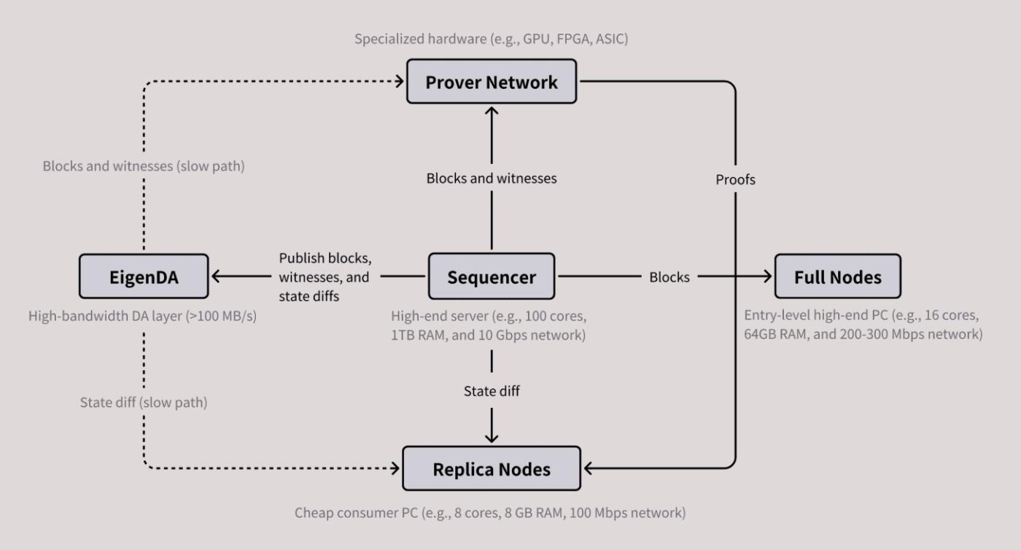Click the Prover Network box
tap(492, 82)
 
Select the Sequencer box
tap(492, 277)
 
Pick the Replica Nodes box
tap(492, 469)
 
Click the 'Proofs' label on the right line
tap(735, 179)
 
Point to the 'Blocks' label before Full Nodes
tap(669, 277)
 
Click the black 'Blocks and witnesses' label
tap(492, 178)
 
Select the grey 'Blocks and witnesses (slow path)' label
tap(143, 166)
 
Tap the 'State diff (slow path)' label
tap(143, 402)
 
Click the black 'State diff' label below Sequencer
tap(492, 391)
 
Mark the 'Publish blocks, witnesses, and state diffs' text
tap(325, 278)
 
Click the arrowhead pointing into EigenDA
tap(216, 277)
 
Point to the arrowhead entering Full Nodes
tap(766, 277)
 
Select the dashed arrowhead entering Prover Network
tap(400, 82)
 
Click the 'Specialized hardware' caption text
tap(491, 39)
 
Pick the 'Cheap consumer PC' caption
tap(490, 513)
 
